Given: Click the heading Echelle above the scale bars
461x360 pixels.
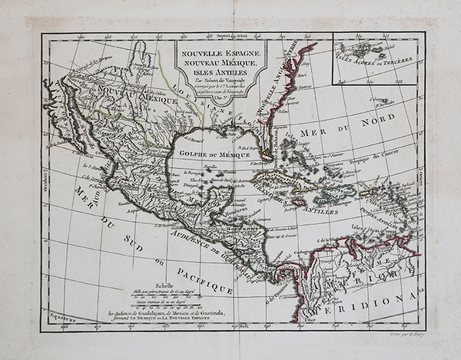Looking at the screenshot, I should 144,282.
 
